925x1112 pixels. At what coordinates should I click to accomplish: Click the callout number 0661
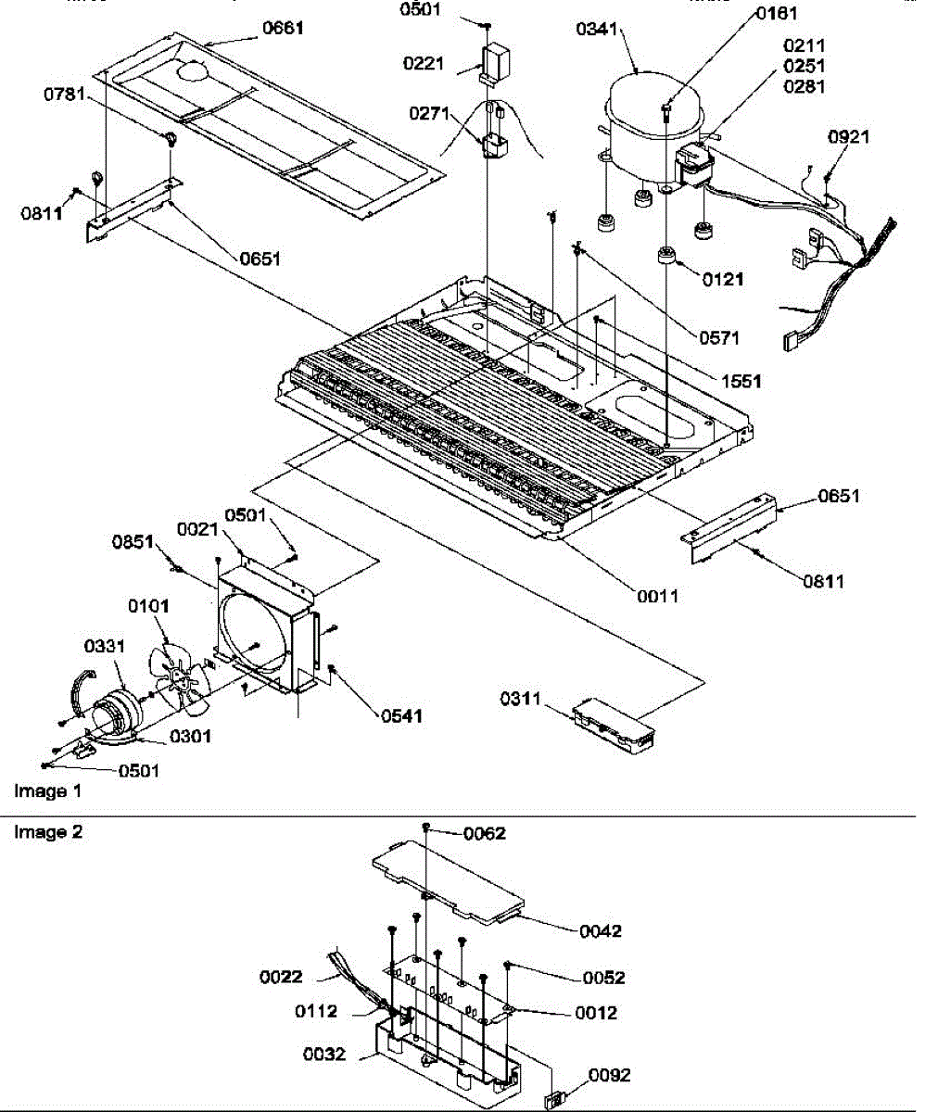(283, 29)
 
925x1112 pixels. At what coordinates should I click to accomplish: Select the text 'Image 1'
(41, 791)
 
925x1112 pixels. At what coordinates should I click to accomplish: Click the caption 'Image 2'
(48, 832)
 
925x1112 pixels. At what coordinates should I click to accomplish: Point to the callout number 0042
(602, 930)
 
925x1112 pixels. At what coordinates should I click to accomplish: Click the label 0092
(610, 1075)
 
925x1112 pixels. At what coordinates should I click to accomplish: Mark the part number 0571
(719, 337)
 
